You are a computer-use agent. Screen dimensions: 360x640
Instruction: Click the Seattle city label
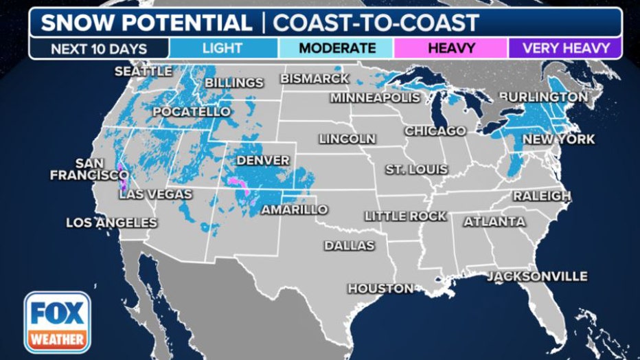(143, 71)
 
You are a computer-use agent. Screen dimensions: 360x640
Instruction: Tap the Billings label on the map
(233, 83)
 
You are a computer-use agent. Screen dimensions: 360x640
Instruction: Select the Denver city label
(262, 160)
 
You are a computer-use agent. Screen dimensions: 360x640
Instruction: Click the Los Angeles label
(111, 223)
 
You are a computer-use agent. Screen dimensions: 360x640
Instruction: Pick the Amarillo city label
(294, 210)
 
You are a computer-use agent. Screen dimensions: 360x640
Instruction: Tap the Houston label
(380, 289)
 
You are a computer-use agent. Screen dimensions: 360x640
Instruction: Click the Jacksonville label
(537, 276)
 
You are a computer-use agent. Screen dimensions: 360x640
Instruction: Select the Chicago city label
(435, 131)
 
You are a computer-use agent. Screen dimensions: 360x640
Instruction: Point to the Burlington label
(543, 97)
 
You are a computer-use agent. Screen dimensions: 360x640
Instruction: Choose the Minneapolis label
(375, 98)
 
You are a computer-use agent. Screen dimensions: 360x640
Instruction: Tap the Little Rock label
(405, 216)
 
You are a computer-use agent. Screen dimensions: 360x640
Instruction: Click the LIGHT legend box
(223, 48)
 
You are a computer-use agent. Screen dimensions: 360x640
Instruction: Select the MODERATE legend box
(336, 48)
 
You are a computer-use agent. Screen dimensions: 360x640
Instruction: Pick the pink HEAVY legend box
(450, 48)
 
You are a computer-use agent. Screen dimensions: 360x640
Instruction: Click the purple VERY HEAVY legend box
(565, 48)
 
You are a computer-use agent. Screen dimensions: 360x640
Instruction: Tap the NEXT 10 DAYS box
(99, 48)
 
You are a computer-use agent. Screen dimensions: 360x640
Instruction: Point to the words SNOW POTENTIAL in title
(146, 23)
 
